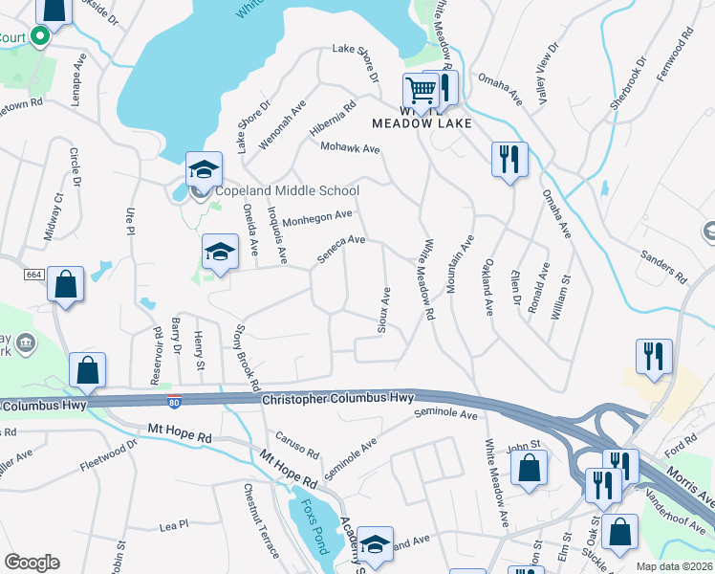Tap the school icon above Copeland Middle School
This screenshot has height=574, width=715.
coord(204,170)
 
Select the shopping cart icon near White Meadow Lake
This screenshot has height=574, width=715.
coord(420,92)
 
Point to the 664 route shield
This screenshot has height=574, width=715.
coord(34,275)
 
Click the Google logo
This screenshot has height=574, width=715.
coord(32,563)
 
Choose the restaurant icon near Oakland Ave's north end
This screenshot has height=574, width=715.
coord(509,159)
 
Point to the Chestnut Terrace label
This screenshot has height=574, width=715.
coord(261,521)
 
